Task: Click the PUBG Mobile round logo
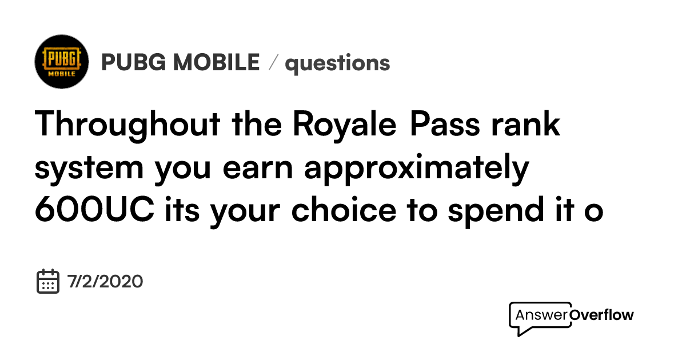pyautogui.click(x=62, y=61)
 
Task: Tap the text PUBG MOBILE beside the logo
pyautogui.click(x=180, y=62)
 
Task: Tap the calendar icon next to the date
pyautogui.click(x=49, y=281)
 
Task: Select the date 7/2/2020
pyautogui.click(x=105, y=282)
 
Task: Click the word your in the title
pyautogui.click(x=246, y=210)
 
